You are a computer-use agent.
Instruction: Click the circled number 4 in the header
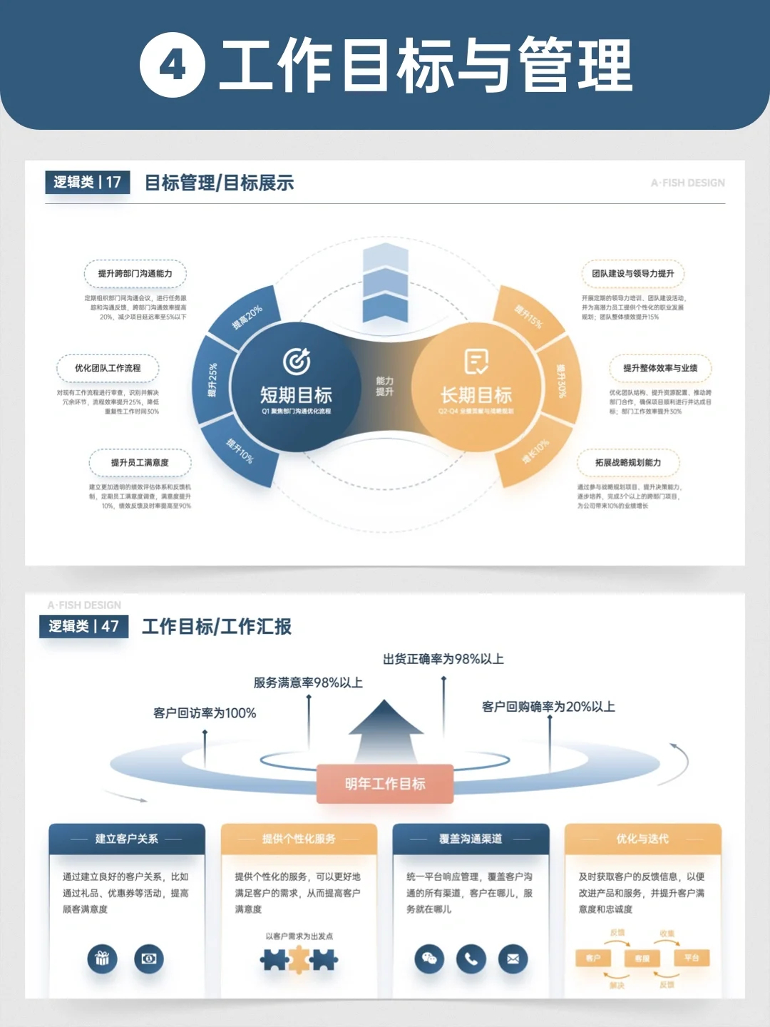pos(172,66)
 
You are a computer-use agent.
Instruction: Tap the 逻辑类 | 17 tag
pos(88,182)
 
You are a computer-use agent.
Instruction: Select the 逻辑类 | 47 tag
pos(84,626)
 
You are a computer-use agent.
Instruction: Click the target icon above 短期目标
pos(297,361)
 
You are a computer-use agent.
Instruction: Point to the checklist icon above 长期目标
pos(476,362)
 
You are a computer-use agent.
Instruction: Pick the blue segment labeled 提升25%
pos(212,380)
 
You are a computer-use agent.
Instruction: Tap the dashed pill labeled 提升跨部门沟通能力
pos(135,274)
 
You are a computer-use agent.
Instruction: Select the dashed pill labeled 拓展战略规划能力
pos(628,463)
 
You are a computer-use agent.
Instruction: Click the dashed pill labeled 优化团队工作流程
pos(108,368)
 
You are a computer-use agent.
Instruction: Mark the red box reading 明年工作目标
pos(385,784)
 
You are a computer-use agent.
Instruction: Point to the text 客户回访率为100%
pos(205,712)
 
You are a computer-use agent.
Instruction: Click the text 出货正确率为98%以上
pos(443,659)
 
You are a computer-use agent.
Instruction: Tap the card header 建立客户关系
pos(127,839)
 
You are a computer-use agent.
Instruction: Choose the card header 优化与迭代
pos(642,839)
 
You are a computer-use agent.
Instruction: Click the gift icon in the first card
pos(102,959)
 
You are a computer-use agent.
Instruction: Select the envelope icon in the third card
pos(513,959)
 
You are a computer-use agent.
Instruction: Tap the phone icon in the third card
pos(471,959)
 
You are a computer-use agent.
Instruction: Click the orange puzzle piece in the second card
pos(299,960)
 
